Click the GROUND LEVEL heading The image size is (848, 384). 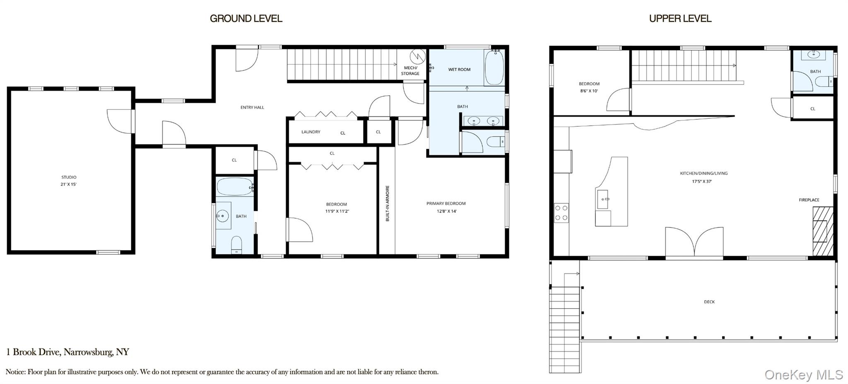pos(246,19)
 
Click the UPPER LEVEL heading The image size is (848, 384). pos(680,19)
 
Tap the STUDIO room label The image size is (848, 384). pos(69,177)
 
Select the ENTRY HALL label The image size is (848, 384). pos(252,107)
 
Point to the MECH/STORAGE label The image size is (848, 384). pos(410,70)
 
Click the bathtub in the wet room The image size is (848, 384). pos(494,68)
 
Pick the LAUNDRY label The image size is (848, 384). pos(311,132)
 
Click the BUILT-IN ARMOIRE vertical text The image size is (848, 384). pos(388,203)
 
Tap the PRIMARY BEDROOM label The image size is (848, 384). pos(446,203)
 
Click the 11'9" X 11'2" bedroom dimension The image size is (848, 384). pos(337,211)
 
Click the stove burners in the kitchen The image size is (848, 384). pos(561,213)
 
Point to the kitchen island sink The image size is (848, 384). pos(602,200)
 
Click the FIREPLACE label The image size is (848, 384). pos(809,200)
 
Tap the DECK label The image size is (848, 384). pos(709,302)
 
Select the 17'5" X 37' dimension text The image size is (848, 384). pos(702,181)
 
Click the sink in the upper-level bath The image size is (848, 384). pos(813,55)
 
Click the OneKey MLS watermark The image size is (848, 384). pos(804,374)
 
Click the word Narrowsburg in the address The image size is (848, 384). pos(88,353)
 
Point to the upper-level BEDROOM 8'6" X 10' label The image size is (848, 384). pos(589,87)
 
